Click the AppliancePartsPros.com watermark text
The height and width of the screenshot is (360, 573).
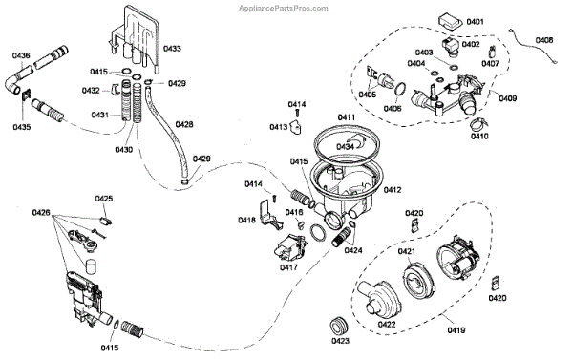tap(284, 8)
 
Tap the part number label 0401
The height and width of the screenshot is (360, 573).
tap(475, 22)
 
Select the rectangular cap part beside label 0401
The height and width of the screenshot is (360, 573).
tap(450, 21)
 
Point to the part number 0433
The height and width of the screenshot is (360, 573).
tap(172, 49)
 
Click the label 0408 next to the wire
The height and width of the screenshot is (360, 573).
tap(544, 40)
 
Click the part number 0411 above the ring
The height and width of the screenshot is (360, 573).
tap(347, 117)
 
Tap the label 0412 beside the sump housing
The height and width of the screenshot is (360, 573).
tap(393, 190)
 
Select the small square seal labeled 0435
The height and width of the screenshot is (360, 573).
tap(27, 96)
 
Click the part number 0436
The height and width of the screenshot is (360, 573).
tap(21, 55)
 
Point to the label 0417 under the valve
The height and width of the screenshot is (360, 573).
tap(288, 267)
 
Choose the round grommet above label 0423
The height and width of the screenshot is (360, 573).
tap(339, 325)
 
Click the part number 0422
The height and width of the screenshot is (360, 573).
tap(387, 325)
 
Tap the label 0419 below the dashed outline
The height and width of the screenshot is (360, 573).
tap(456, 330)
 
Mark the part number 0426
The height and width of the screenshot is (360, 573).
tap(41, 212)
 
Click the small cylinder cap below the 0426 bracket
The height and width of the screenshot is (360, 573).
tap(90, 265)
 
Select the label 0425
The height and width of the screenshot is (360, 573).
tap(104, 199)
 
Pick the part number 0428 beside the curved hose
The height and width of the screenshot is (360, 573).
tap(184, 125)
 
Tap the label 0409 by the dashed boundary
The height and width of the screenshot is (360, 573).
tap(508, 98)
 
